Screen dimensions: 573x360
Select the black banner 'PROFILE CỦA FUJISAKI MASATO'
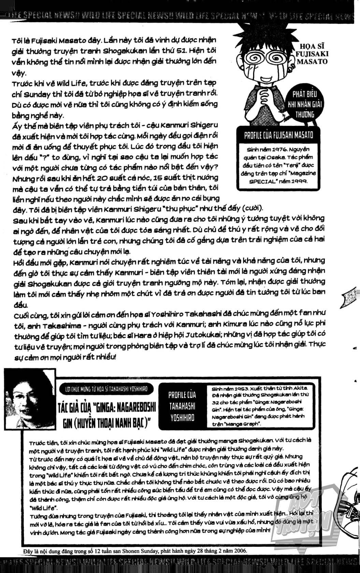click(278, 135)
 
